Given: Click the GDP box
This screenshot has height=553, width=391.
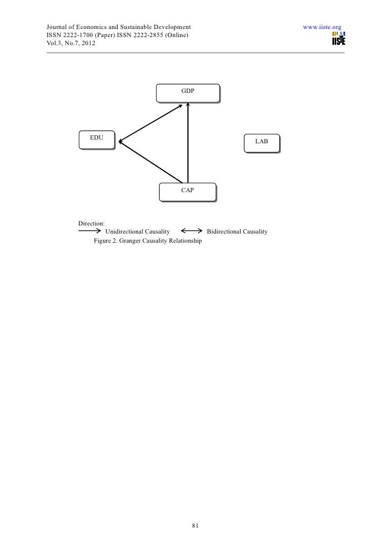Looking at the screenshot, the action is point(187,92).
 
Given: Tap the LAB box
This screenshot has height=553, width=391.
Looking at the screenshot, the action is point(262,143).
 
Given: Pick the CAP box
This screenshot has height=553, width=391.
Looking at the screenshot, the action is point(187,192).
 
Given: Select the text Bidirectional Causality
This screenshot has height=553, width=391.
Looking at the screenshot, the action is point(237,231).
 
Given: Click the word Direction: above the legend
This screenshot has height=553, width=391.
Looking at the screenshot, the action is point(91,223).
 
